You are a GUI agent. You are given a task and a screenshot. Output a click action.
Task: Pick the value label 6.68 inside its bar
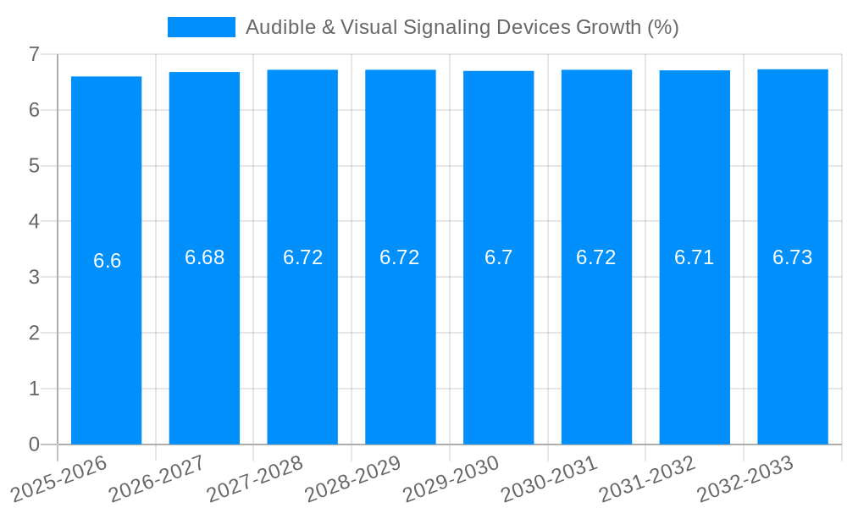[x=205, y=257]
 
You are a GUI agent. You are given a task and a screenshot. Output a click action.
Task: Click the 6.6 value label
[x=107, y=261]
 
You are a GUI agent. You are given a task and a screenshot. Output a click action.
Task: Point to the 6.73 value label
[x=792, y=257]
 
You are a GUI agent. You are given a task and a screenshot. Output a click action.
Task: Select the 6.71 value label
[x=694, y=257]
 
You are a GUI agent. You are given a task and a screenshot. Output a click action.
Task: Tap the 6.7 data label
[x=498, y=257]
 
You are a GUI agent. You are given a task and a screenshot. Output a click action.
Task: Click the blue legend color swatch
[x=202, y=27]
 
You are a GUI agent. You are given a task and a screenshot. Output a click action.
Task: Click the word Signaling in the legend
[x=439, y=27]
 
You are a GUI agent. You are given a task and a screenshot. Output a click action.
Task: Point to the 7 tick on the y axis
[x=34, y=54]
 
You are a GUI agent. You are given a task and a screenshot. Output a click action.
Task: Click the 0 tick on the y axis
[x=34, y=444]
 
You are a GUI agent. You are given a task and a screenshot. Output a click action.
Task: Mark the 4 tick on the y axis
[x=34, y=221]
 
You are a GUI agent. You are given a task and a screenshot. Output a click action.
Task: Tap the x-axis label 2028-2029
[x=354, y=479]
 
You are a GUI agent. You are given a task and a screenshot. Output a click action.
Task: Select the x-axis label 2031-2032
[x=648, y=479]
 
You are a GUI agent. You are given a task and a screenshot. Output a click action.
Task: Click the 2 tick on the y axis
[x=34, y=333]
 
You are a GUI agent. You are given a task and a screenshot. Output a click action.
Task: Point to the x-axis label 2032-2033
[x=745, y=479]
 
